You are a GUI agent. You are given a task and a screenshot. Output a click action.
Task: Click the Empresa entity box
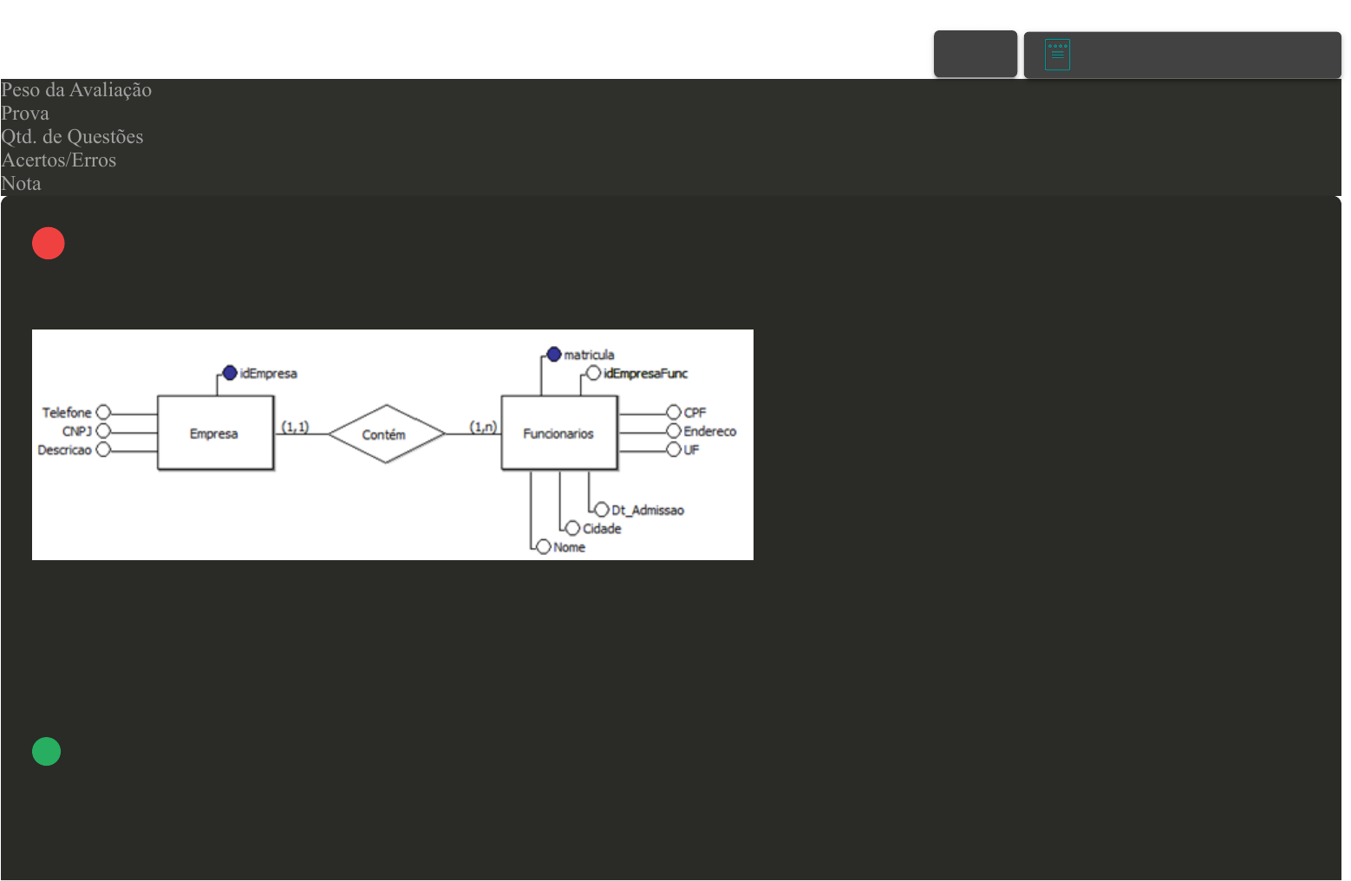point(215,433)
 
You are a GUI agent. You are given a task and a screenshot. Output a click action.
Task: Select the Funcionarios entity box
point(558,433)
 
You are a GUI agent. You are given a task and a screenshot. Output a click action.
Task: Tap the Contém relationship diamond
point(385,434)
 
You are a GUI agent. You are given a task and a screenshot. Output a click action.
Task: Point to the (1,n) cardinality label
point(483,427)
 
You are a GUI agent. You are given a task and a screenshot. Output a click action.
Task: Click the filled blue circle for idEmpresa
point(230,373)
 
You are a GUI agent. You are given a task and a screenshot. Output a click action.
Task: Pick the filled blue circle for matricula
point(554,354)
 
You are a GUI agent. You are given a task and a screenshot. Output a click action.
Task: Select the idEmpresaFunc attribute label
point(645,374)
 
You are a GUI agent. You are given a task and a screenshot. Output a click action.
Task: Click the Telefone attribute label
point(67,413)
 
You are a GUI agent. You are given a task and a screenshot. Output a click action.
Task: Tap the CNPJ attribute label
point(76,431)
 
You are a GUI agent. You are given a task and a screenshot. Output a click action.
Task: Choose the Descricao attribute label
point(64,450)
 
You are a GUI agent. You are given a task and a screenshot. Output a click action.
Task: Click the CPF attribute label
point(695,413)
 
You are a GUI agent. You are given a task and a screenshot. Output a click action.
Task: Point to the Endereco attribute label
point(709,431)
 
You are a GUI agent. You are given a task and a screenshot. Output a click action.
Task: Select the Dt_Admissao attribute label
point(648,510)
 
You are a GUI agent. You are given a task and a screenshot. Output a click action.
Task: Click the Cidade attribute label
point(602,529)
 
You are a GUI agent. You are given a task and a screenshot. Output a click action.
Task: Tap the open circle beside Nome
point(544,546)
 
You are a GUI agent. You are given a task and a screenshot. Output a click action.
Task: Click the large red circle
point(49,244)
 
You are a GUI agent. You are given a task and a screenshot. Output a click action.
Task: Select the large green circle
point(47,752)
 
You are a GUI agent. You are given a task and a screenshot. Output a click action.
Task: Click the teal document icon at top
point(1057,55)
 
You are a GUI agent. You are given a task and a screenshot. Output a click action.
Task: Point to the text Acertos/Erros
point(59,160)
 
